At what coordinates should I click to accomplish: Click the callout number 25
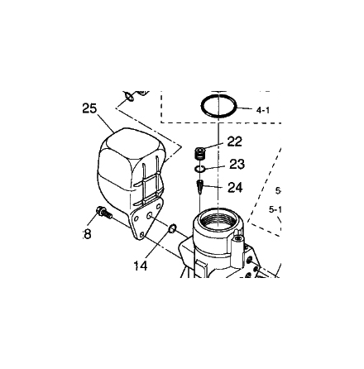pos(90,108)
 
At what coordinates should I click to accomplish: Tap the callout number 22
pos(234,141)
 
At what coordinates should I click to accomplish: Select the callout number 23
pos(237,165)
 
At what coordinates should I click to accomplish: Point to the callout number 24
pos(235,188)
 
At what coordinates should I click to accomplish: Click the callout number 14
pos(141,266)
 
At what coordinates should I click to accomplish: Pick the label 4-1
pos(263,111)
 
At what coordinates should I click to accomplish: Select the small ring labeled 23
pos(199,169)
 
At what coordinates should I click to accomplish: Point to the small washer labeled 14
pos(172,228)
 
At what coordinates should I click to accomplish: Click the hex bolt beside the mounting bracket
pos(103,213)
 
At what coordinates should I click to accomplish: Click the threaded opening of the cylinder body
pos(218,220)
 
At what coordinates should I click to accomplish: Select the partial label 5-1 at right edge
pos(275,210)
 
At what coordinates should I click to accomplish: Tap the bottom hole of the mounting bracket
pos(141,235)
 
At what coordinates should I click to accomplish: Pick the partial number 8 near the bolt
pos(87,235)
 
